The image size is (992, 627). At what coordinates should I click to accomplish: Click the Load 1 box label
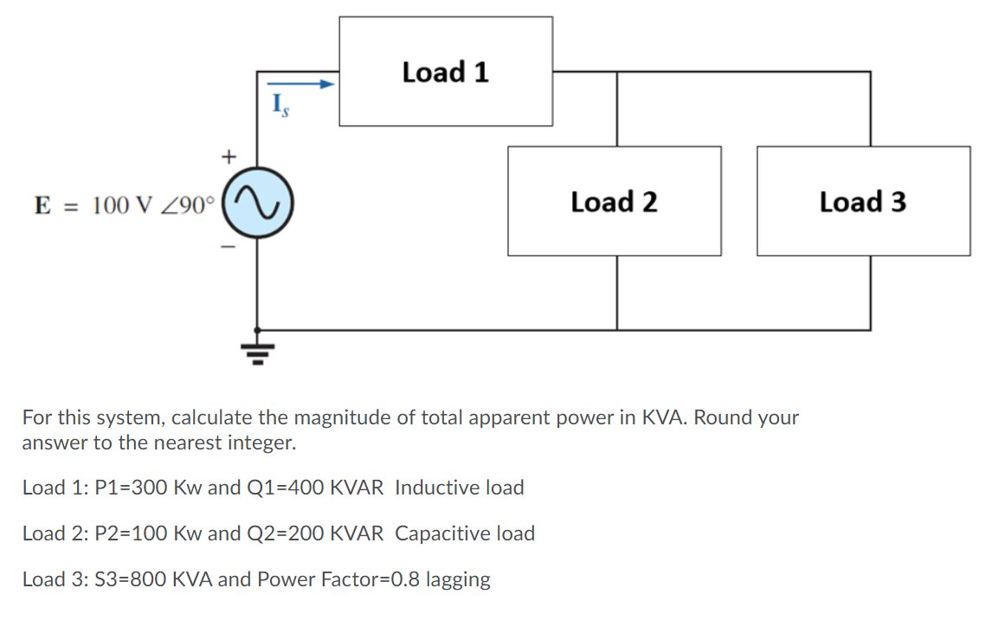tap(445, 72)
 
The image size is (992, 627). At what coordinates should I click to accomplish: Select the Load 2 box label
tap(614, 202)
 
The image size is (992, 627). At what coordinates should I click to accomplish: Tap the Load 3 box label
tap(863, 202)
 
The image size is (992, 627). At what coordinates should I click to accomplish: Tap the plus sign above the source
tap(228, 157)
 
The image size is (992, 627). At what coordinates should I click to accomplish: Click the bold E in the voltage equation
tap(41, 205)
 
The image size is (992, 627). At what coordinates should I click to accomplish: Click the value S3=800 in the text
tap(121, 579)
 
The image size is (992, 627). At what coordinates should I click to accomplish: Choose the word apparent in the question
tap(461, 418)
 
